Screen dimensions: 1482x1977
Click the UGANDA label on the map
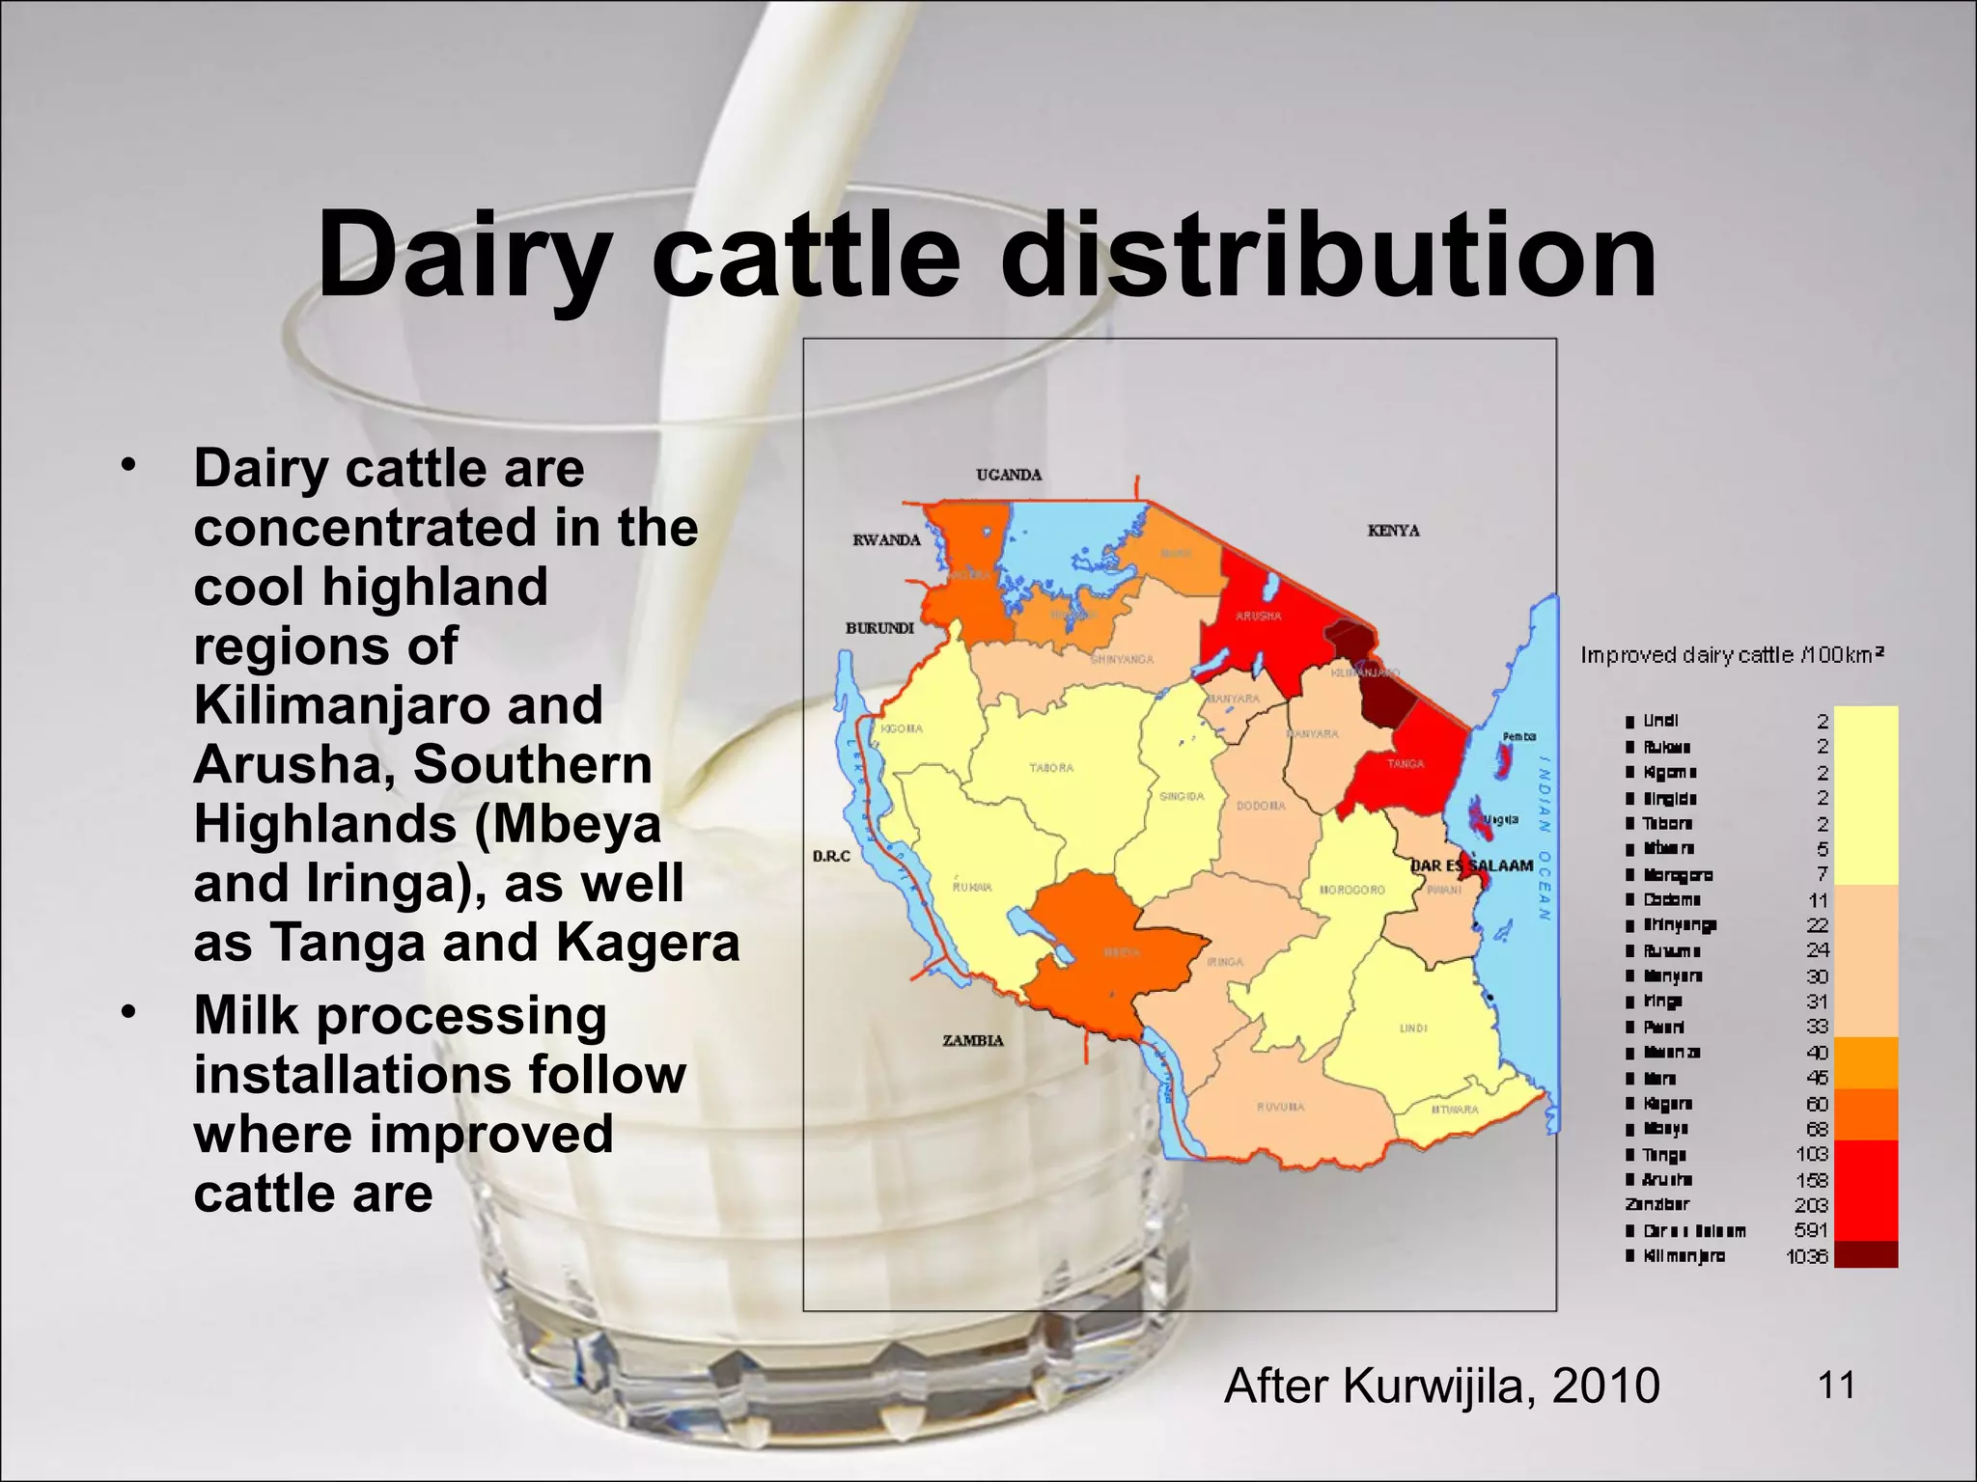coord(1009,475)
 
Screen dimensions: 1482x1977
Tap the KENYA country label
coord(1393,531)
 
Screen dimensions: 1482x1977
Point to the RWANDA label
coord(886,540)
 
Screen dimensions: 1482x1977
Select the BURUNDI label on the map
coord(879,628)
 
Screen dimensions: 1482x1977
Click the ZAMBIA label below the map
coord(972,1040)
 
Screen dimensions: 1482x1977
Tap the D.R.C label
coord(831,856)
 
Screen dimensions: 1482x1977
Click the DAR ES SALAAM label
coord(1472,865)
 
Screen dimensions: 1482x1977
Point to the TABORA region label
coord(1051,768)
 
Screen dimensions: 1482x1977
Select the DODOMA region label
coord(1260,806)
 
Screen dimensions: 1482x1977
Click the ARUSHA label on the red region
coord(1259,616)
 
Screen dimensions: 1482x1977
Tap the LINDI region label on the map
coord(1413,1029)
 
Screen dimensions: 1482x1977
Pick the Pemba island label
coord(1518,736)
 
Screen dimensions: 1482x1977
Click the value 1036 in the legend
coord(1807,1256)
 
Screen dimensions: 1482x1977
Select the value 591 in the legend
coord(1811,1230)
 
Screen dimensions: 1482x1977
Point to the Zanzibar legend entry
coord(1657,1205)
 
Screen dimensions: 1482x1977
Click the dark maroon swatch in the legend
coord(1865,1254)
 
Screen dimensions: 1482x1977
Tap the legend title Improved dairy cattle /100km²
coord(1732,655)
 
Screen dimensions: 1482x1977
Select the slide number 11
coord(1836,1386)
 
